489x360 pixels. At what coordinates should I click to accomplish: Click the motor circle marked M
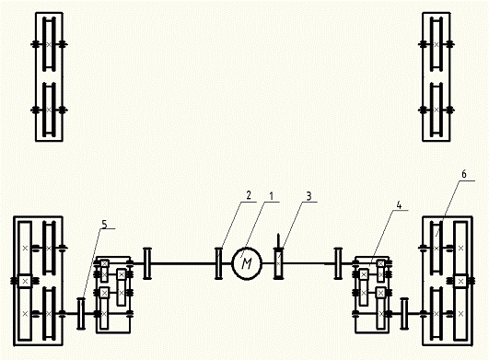(247, 263)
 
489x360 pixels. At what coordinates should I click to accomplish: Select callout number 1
(272, 196)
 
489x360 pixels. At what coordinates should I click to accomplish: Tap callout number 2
(249, 195)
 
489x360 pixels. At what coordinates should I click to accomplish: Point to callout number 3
(309, 196)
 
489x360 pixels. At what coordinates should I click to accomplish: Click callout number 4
(399, 205)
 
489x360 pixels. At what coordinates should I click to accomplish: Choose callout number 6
(464, 174)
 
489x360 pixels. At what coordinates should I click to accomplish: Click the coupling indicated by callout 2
(219, 263)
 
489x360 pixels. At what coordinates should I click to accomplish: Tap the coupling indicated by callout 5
(81, 314)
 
